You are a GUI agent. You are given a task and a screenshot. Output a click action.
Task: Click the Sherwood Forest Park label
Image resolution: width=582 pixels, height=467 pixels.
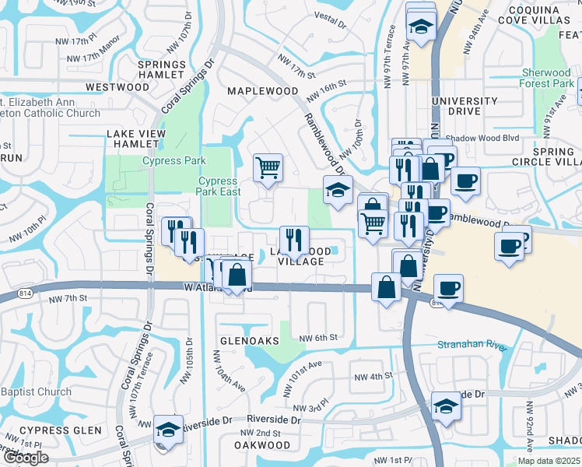coord(548,78)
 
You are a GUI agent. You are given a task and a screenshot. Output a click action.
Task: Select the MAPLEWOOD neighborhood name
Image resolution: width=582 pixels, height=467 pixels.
coord(262,91)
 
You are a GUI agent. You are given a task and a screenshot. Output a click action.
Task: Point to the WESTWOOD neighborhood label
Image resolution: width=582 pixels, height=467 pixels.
coord(117,87)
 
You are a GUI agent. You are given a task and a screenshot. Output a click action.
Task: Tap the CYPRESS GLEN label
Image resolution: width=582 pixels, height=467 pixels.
coord(61,430)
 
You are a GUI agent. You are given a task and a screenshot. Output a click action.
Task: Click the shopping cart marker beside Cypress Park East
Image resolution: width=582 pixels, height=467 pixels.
coord(268,167)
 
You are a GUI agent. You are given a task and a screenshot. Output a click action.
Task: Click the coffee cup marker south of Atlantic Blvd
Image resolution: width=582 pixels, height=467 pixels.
coord(447,288)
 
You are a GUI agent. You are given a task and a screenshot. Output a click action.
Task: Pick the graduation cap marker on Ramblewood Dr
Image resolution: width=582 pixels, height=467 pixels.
coord(338,191)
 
